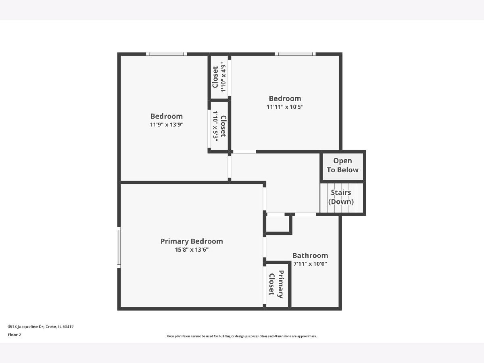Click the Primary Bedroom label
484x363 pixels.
[192, 241]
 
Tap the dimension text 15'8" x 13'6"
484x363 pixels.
[192, 250]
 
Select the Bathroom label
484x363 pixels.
[310, 255]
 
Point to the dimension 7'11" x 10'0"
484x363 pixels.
[310, 264]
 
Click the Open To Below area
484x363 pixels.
[343, 167]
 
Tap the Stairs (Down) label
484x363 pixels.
[341, 197]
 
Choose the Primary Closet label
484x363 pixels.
[276, 284]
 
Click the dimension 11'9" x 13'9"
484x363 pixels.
[167, 125]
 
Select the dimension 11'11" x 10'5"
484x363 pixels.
[285, 107]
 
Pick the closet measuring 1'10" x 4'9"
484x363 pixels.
[219, 77]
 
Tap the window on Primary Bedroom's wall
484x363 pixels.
[119, 247]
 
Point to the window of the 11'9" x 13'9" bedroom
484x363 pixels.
[167, 54]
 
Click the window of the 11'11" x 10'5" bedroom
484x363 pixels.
[295, 54]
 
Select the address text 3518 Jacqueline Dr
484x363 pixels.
[26, 327]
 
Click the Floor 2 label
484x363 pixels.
[15, 335]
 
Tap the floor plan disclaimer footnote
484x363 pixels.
[242, 336]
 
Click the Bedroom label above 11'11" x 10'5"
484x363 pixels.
[285, 98]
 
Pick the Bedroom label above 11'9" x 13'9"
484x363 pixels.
[167, 116]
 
